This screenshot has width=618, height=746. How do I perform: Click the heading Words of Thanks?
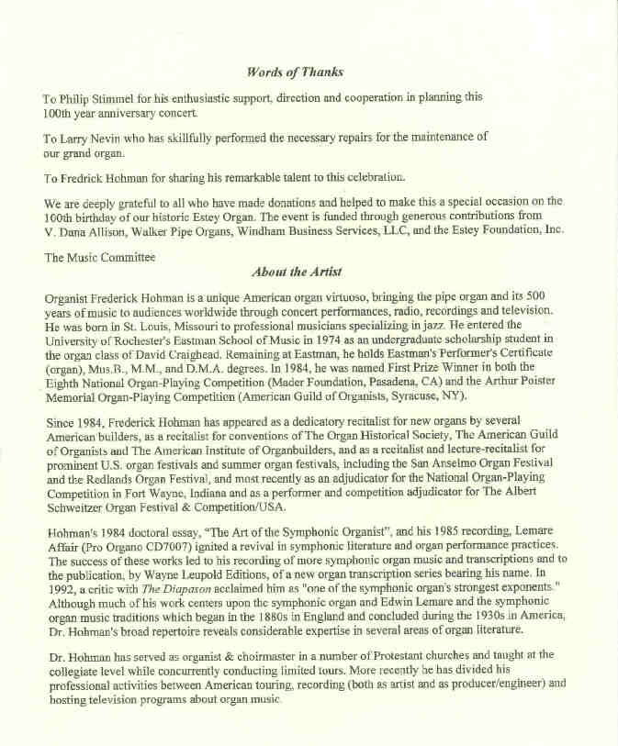click(295, 72)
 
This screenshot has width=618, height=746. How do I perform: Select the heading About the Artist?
click(295, 272)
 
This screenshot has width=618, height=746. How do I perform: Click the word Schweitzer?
click(78, 505)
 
